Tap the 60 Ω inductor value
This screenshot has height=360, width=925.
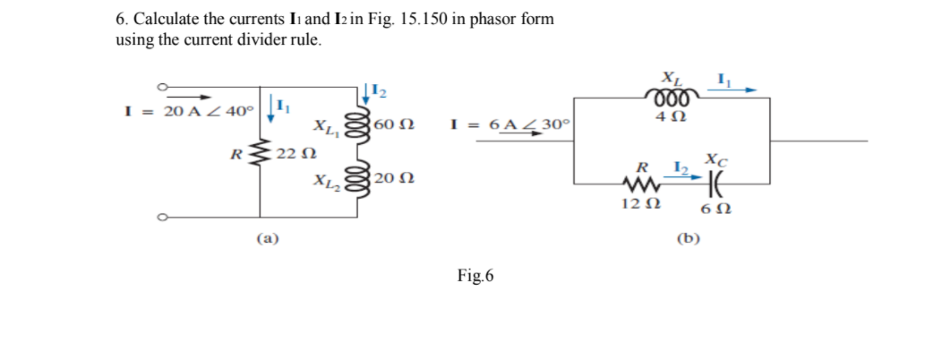[x=394, y=124]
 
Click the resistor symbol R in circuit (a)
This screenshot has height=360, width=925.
[x=261, y=153]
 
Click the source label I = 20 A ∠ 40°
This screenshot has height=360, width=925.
[x=189, y=111]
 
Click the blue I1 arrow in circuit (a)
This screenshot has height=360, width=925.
[x=270, y=108]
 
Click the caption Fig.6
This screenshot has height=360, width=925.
[x=475, y=276]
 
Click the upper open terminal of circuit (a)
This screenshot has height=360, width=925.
[x=162, y=88]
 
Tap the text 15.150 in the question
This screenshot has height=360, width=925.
[x=415, y=19]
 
